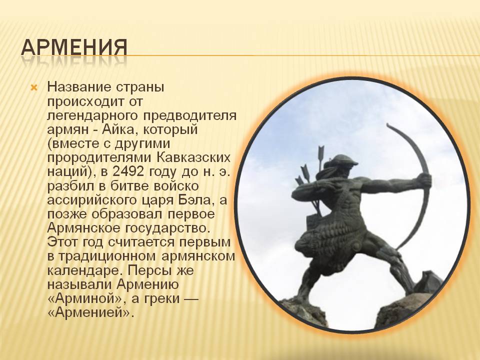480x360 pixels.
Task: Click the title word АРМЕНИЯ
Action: pyautogui.click(x=74, y=47)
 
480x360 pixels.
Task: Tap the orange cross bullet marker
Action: pyautogui.click(x=34, y=88)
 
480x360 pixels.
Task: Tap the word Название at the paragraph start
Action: pyautogui.click(x=79, y=87)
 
